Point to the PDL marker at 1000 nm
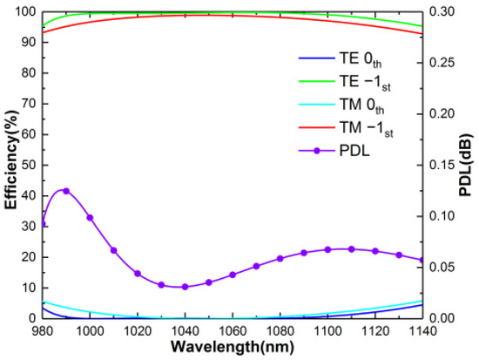[x=90, y=218]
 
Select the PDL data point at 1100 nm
[x=327, y=249]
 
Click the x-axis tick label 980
[x=42, y=331]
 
